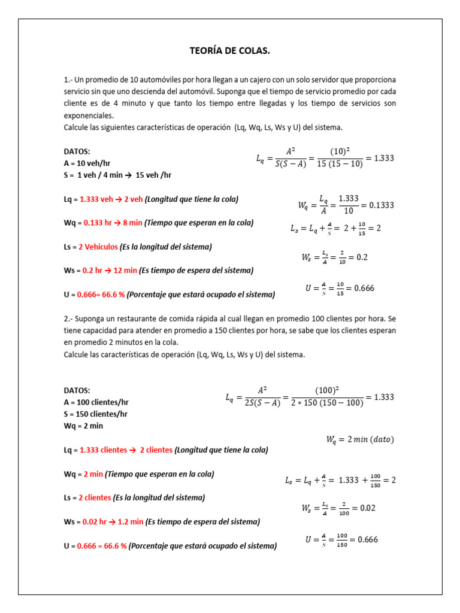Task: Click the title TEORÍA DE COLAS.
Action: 230,51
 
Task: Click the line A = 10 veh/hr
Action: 87,163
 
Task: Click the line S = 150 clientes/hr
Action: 95,414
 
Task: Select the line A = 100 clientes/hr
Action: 96,402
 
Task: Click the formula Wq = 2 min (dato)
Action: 360,439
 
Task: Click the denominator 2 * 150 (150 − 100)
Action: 327,403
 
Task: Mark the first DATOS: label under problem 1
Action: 77,151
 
